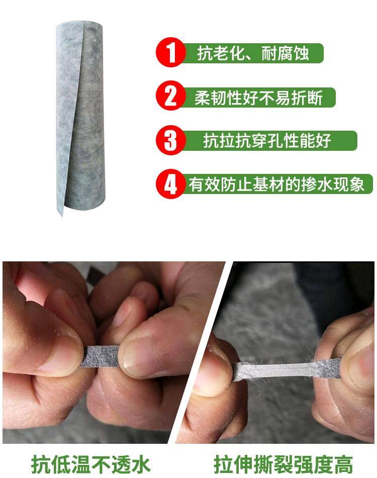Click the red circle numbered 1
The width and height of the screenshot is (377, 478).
(171, 53)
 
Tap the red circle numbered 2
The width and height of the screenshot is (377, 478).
(171, 96)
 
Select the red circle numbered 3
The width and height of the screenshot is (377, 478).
(171, 140)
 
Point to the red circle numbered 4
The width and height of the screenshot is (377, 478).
(171, 184)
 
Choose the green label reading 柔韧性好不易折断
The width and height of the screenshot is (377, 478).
(258, 97)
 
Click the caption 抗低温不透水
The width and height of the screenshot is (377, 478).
(91, 463)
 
